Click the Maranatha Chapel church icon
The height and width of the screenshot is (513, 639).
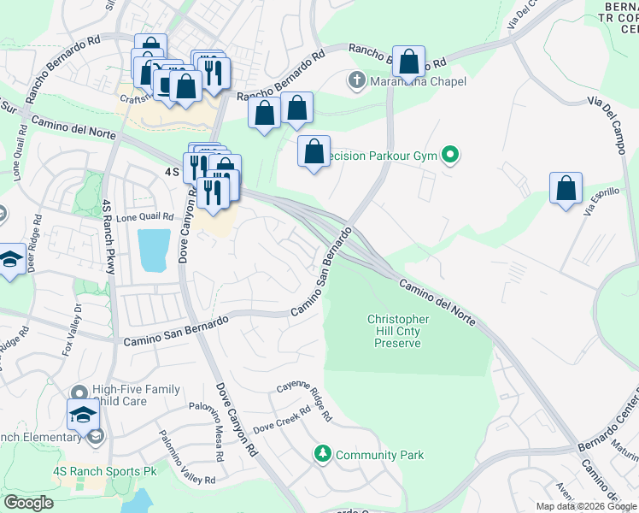(x=356, y=81)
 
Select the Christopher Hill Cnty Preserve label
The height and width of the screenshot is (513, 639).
(x=398, y=331)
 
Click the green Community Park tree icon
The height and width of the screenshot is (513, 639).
(x=322, y=452)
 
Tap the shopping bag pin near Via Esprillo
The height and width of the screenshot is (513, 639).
(x=566, y=189)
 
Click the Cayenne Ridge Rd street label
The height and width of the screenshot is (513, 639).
(x=304, y=398)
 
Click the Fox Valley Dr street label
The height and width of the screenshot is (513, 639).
(x=72, y=329)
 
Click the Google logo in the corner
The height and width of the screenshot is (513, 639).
(x=28, y=503)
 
